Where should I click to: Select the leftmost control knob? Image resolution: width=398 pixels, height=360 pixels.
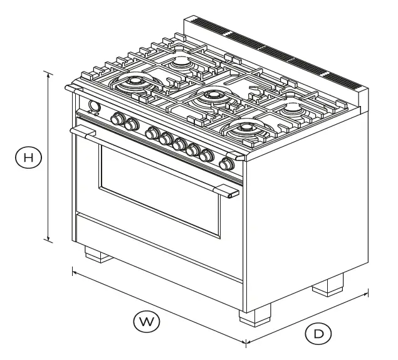[x=117, y=119]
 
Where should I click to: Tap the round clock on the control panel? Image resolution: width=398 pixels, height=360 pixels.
[x=95, y=107]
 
